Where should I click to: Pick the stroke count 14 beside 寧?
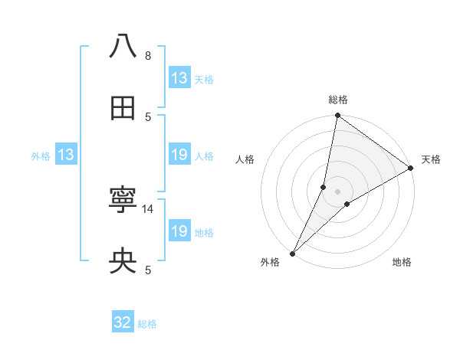149,208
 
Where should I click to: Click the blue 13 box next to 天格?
179,78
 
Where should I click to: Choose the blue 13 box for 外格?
66,155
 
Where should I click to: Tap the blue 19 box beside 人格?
179,155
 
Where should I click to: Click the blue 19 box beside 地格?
179,231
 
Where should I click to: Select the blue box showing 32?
123,322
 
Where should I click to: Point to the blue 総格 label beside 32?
147,324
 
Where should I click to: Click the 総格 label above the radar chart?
338,100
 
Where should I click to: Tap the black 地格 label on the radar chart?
402,263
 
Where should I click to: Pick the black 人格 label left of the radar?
245,159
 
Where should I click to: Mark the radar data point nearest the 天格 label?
411,169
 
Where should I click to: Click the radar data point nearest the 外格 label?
292,253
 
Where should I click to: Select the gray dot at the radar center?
338,191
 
